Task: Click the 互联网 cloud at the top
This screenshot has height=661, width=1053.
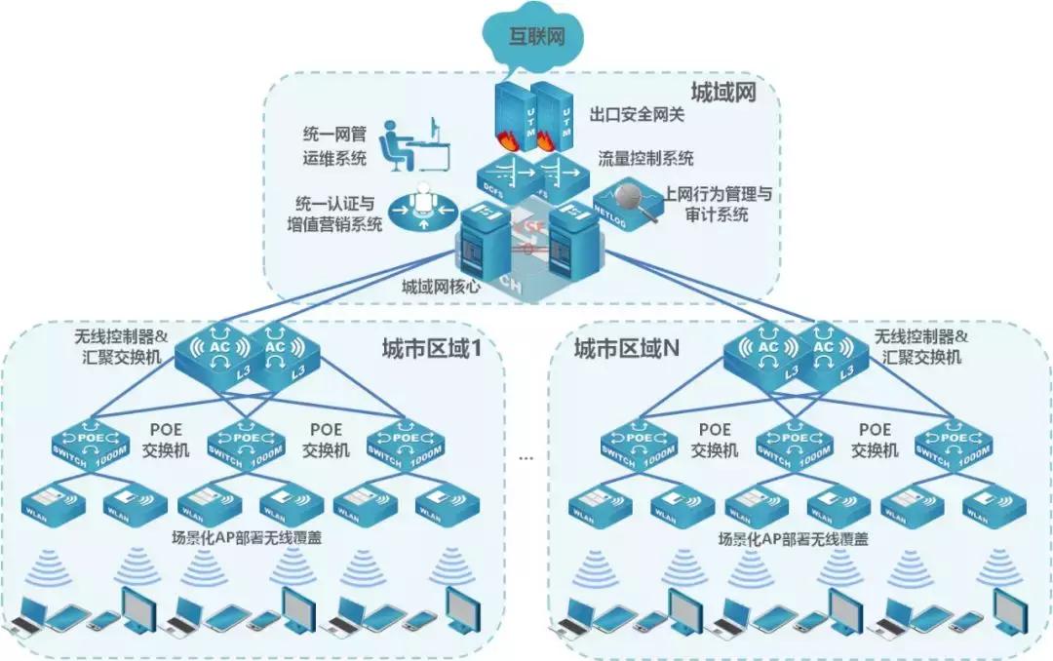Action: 537,38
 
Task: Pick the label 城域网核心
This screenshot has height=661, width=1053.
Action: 443,288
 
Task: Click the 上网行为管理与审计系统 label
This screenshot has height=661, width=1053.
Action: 717,204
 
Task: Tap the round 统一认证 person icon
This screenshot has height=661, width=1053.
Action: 421,208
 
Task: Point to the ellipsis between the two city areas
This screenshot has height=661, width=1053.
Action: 526,455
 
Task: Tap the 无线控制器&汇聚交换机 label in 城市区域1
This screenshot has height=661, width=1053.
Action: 122,347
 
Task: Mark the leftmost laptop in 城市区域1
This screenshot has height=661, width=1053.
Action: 26,612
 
